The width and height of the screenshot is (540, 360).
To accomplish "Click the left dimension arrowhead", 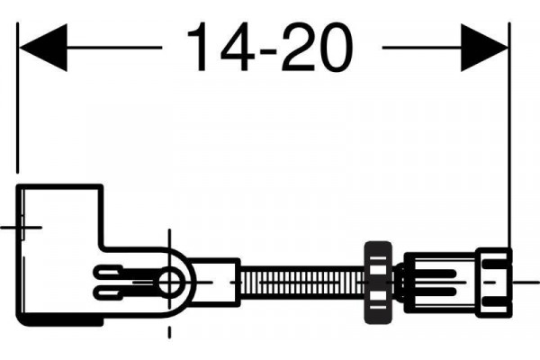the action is [43, 48].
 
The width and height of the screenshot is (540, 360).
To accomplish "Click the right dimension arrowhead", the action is [484, 48].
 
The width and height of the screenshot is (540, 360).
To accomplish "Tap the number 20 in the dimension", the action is [317, 47].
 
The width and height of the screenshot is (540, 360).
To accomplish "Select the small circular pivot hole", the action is [169, 282].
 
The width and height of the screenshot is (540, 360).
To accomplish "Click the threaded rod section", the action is [302, 282].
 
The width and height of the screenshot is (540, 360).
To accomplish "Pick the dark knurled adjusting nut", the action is [378, 283].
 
